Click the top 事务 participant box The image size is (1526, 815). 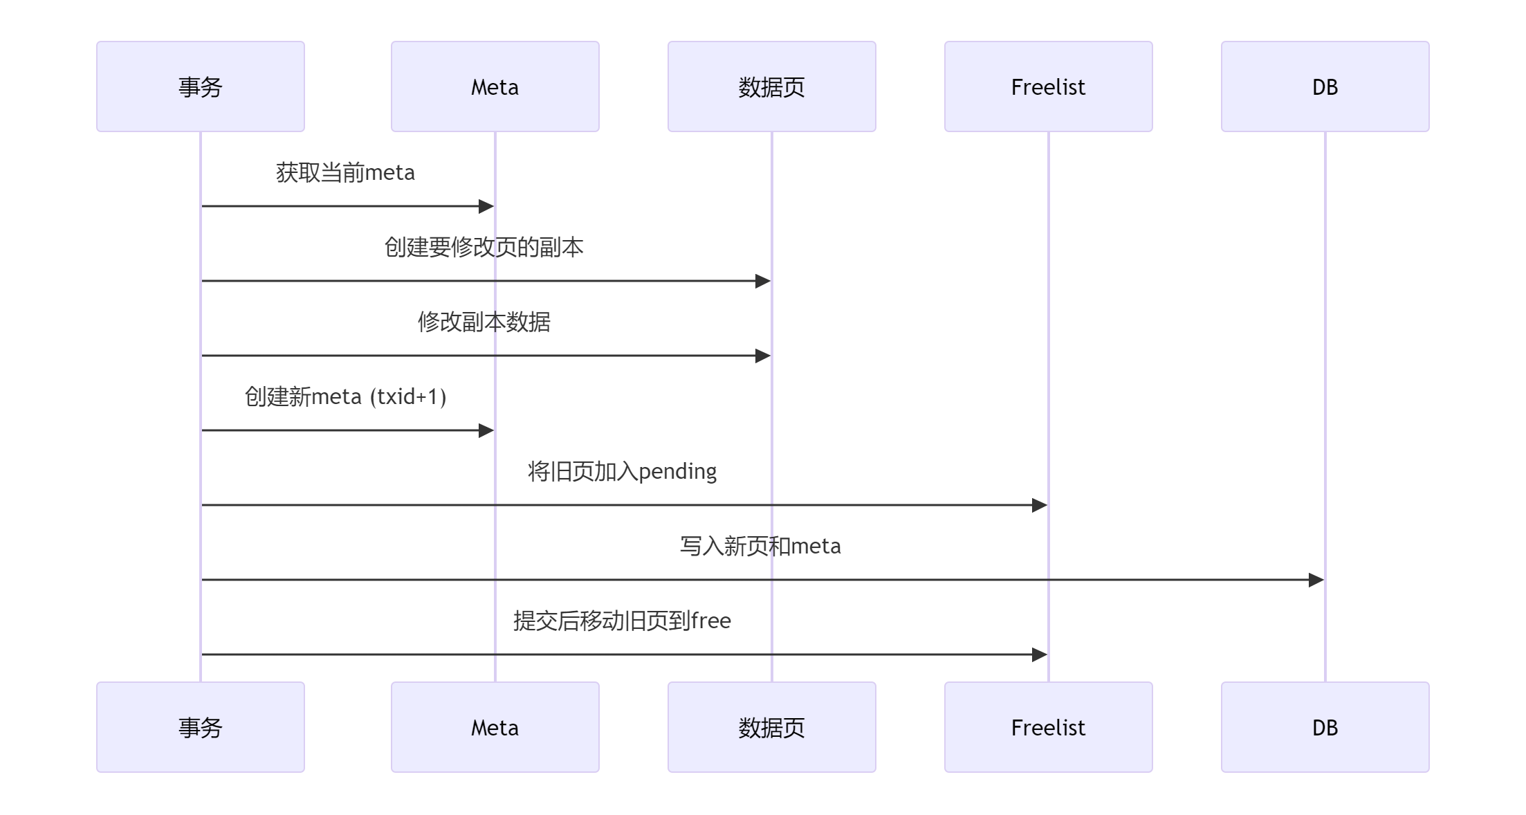tap(200, 86)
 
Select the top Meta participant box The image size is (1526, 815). tap(495, 86)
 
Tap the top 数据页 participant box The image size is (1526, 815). tap(771, 86)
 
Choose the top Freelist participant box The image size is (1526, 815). tap(1048, 86)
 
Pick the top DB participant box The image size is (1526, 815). tap(1325, 86)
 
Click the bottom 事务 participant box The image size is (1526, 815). tap(200, 727)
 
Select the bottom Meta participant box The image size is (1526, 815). tap(495, 727)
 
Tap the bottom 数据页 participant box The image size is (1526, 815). tap(771, 727)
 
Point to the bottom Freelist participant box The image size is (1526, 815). tap(1048, 727)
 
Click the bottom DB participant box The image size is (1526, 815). tap(1325, 727)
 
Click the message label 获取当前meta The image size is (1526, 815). tap(345, 172)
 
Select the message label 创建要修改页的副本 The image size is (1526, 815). tap(484, 247)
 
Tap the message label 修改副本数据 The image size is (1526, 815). tap(484, 322)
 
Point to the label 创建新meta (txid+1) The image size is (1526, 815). tap(345, 396)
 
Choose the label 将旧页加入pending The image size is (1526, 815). tap(622, 471)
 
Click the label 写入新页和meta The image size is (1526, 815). tap(760, 546)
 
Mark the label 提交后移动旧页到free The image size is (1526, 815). tap(622, 621)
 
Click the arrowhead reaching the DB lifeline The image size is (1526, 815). tap(1316, 580)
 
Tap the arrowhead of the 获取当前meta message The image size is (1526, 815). tap(486, 206)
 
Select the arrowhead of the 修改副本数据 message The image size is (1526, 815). tap(762, 356)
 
